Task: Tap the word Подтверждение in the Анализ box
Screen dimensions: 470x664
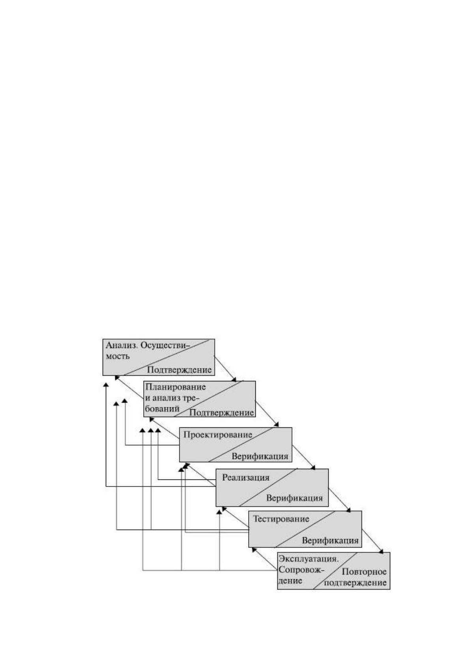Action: [x=179, y=370]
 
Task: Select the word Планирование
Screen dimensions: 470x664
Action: [x=176, y=387]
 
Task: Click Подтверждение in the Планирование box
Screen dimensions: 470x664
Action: [x=221, y=412]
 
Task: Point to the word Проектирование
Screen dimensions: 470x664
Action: [x=218, y=435]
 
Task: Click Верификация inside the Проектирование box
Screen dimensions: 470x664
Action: [x=260, y=456]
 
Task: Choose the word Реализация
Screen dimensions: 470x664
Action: [x=246, y=477]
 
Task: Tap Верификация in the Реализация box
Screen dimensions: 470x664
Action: [x=294, y=498]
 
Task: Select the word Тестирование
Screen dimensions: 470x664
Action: [x=281, y=519]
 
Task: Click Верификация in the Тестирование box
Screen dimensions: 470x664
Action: [x=330, y=541]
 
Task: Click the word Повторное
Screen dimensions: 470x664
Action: [x=364, y=571]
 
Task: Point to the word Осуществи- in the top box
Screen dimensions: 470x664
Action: [x=165, y=345]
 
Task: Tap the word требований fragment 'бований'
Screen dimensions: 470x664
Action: [x=162, y=408]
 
